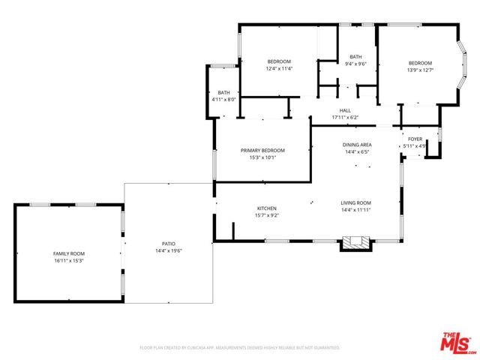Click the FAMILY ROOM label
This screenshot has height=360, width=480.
(x=68, y=254)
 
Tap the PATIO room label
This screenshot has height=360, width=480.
(x=168, y=244)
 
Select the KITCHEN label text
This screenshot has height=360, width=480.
(x=268, y=208)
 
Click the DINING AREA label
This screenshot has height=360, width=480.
(x=357, y=145)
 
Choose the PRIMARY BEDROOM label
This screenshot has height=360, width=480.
(x=262, y=151)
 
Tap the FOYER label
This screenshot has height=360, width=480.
(x=415, y=139)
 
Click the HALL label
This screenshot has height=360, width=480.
(x=345, y=110)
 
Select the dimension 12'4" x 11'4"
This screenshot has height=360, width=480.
(x=279, y=69)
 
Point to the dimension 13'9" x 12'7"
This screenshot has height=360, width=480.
(x=420, y=70)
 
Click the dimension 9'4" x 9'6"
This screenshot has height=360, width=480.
(x=355, y=64)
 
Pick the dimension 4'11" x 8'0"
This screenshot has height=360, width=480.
(x=223, y=100)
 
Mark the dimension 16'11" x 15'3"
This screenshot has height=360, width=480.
(x=68, y=261)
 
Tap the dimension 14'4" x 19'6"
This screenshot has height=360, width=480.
(x=168, y=250)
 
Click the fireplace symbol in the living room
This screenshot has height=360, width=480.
(x=355, y=242)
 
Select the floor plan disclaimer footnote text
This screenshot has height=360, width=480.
(x=240, y=348)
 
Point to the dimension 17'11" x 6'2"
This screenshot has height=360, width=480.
(x=345, y=117)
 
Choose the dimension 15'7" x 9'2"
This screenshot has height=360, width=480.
(x=268, y=215)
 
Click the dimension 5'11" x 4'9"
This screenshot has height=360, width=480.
(x=415, y=145)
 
